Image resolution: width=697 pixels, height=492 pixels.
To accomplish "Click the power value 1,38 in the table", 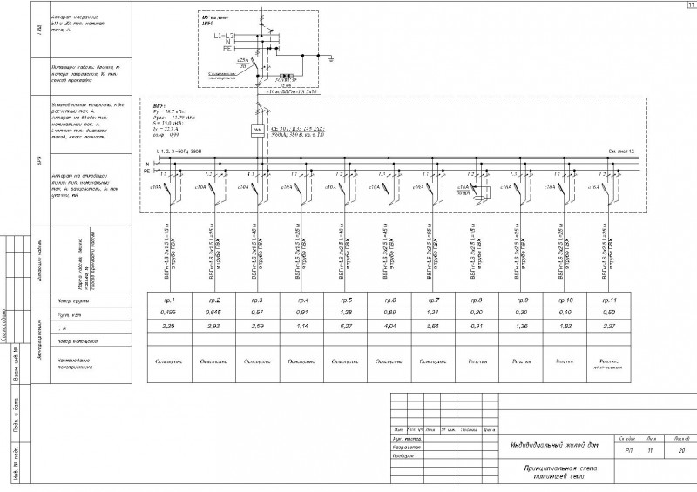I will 342,312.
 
